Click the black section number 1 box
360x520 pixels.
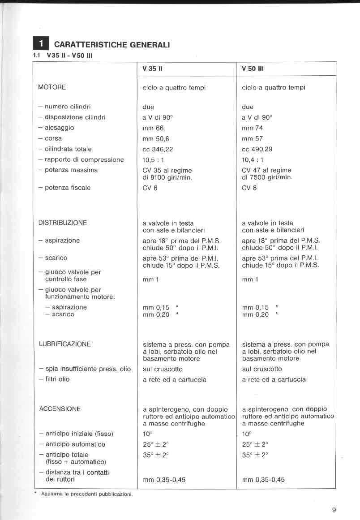click(41, 43)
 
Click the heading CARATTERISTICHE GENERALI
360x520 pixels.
click(111, 45)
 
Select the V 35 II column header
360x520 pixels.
click(152, 69)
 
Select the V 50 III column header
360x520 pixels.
click(253, 69)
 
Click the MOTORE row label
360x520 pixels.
click(52, 87)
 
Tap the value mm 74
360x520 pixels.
click(252, 128)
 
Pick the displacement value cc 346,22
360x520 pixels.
click(158, 149)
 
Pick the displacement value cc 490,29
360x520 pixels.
click(257, 149)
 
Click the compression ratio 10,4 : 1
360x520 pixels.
click(253, 159)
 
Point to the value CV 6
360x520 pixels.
click(150, 188)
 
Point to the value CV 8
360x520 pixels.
click(249, 188)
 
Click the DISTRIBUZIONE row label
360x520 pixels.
click(63, 223)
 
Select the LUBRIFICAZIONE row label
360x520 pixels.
click(65, 344)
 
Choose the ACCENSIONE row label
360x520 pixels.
click(60, 409)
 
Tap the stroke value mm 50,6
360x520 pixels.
click(155, 138)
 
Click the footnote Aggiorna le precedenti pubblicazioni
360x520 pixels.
click(87, 494)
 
